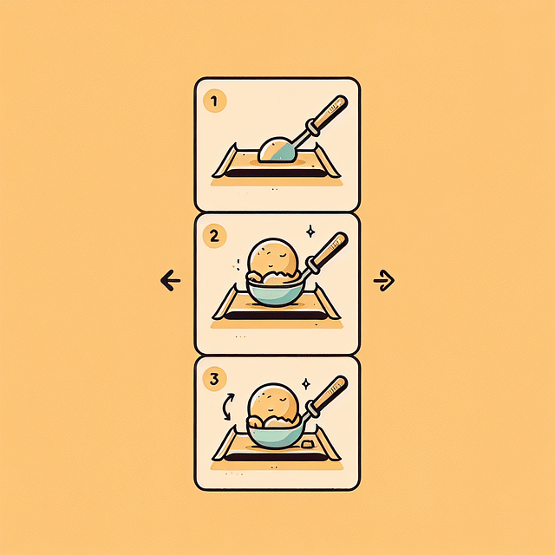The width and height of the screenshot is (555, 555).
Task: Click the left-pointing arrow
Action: coord(171,280)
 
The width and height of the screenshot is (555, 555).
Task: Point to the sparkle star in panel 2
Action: coord(310,232)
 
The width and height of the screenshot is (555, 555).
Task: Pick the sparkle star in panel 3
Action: coord(305,382)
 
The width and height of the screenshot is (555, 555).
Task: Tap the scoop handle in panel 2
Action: coord(329,251)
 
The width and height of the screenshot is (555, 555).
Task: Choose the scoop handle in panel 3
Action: coord(329,395)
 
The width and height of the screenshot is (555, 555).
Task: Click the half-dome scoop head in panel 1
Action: coord(277,150)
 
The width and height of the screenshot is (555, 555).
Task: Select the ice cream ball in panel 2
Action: coord(273,257)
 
